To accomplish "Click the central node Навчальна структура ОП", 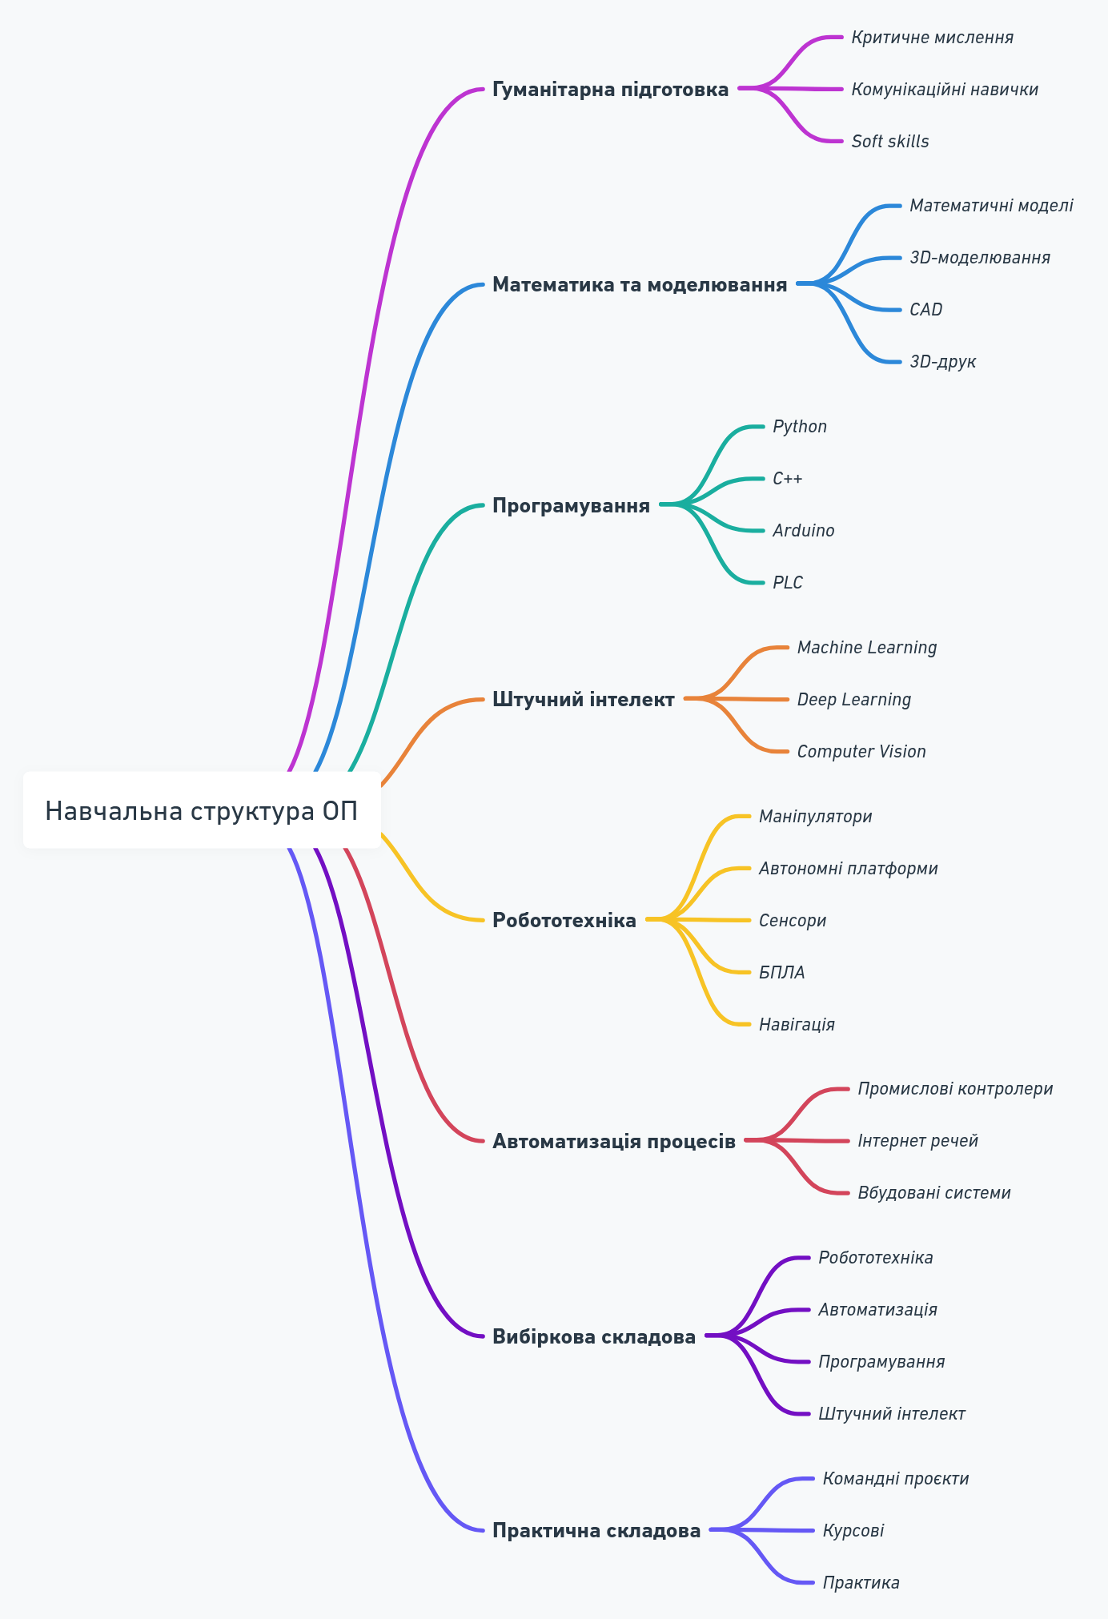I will pos(202,810).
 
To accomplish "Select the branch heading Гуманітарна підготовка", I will pos(610,89).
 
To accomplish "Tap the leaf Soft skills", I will pos(890,141).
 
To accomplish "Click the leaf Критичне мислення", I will pos(932,38).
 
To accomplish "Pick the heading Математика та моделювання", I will pos(639,284).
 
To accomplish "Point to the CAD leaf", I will pos(925,309).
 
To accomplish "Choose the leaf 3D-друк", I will pos(942,361).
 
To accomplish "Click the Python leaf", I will pos(800,427).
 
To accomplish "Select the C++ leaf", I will pos(787,479).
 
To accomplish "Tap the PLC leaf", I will pos(788,583).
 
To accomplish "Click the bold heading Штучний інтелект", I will pos(583,700).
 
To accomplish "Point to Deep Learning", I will pos(853,700).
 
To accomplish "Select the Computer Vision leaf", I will pos(861,752).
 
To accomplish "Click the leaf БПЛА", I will pos(781,973).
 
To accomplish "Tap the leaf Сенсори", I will pos(793,921).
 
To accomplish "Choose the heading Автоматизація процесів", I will pos(613,1141).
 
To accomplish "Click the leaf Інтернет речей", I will pos(917,1141).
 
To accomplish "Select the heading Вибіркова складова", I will pos(593,1336).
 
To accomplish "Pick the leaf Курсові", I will pos(853,1531).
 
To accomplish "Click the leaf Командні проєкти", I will pos(896,1479).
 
